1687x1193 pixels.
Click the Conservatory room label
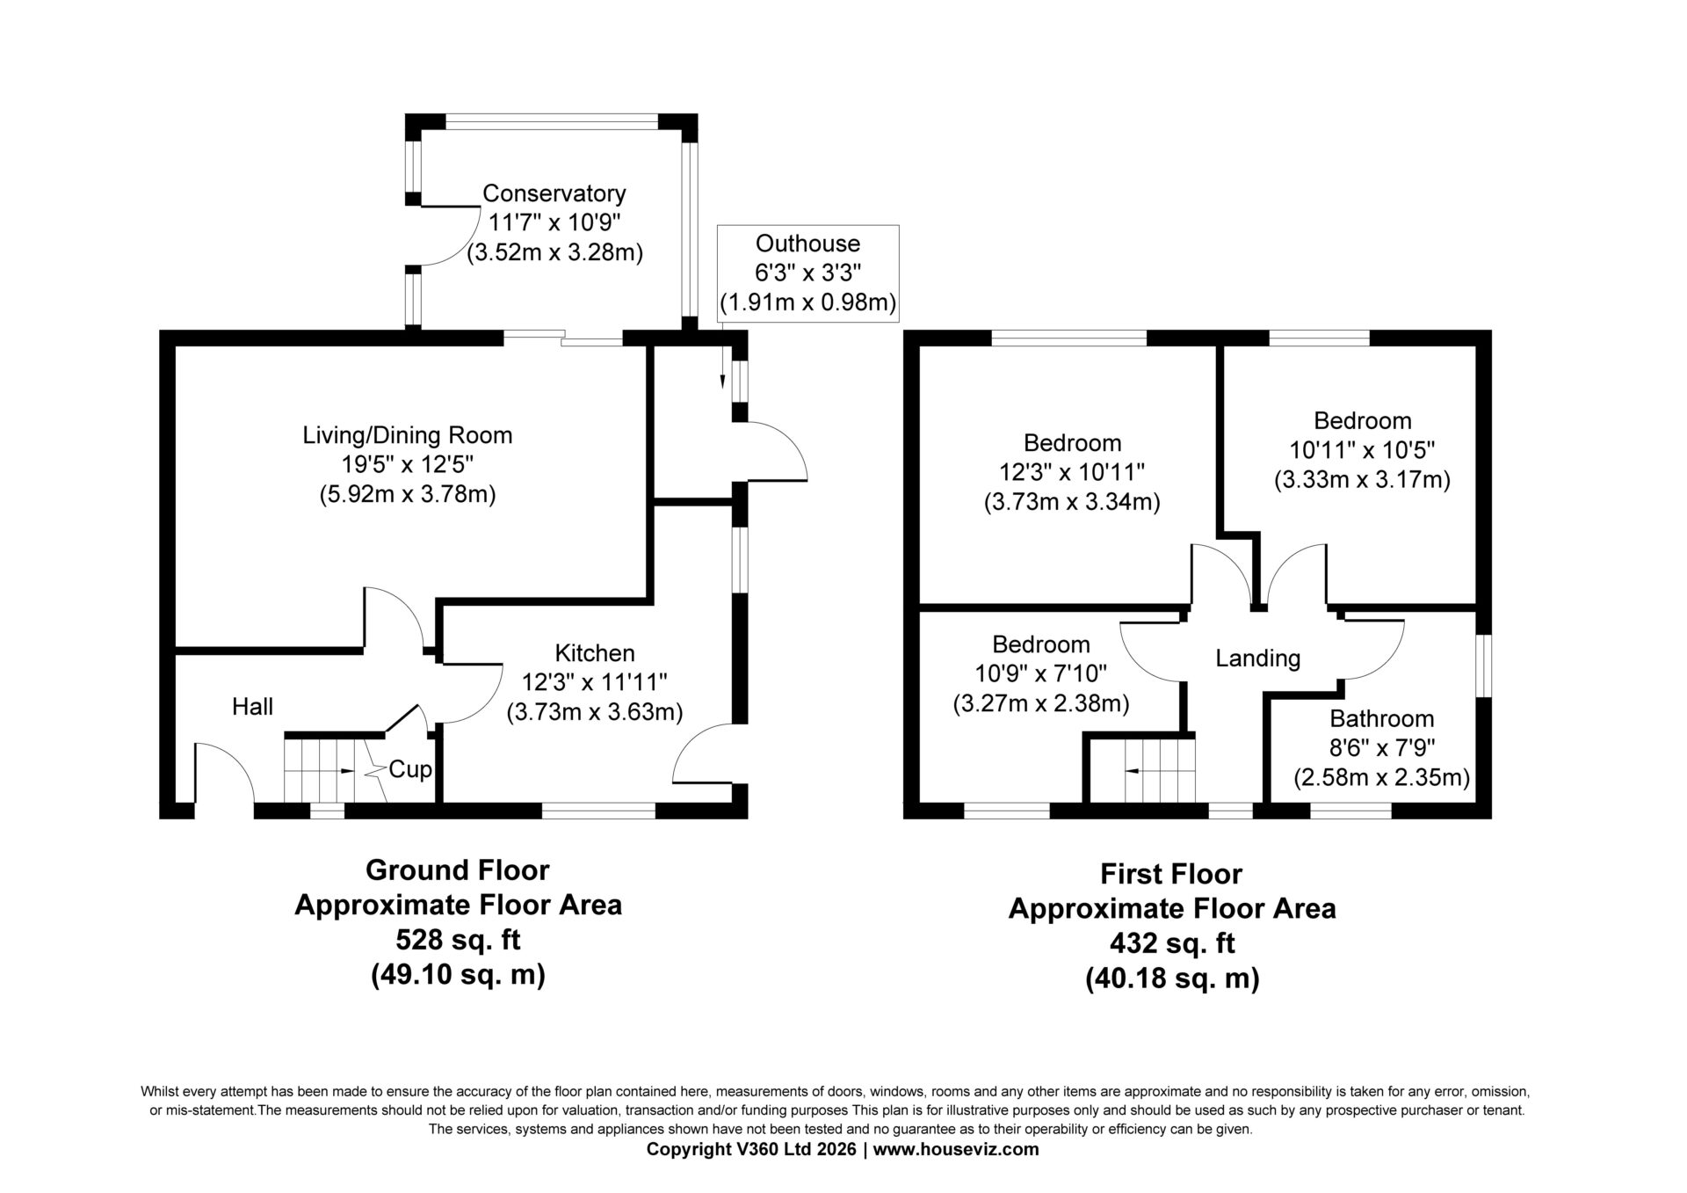coord(554,193)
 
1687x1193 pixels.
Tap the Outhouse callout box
coord(808,273)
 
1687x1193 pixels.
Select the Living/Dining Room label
coord(408,435)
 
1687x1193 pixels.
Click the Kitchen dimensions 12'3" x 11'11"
coord(595,682)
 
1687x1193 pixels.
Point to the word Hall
coord(252,707)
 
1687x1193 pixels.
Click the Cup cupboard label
coord(410,769)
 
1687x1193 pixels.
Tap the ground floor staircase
coord(319,770)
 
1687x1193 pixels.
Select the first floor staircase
coord(1160,770)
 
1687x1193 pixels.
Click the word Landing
coord(1257,658)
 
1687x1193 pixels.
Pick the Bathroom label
coord(1381,719)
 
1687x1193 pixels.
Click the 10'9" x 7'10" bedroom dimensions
coord(1041,674)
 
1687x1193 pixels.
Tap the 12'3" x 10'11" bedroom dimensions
coord(1072,473)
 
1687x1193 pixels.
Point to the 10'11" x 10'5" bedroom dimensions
coord(1362,450)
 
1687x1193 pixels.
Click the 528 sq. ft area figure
coord(458,940)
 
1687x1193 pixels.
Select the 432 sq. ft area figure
coord(1172,943)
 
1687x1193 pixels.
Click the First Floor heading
coord(1171,874)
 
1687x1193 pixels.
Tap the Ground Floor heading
coord(458,870)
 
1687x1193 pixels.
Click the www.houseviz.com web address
coord(957,1149)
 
